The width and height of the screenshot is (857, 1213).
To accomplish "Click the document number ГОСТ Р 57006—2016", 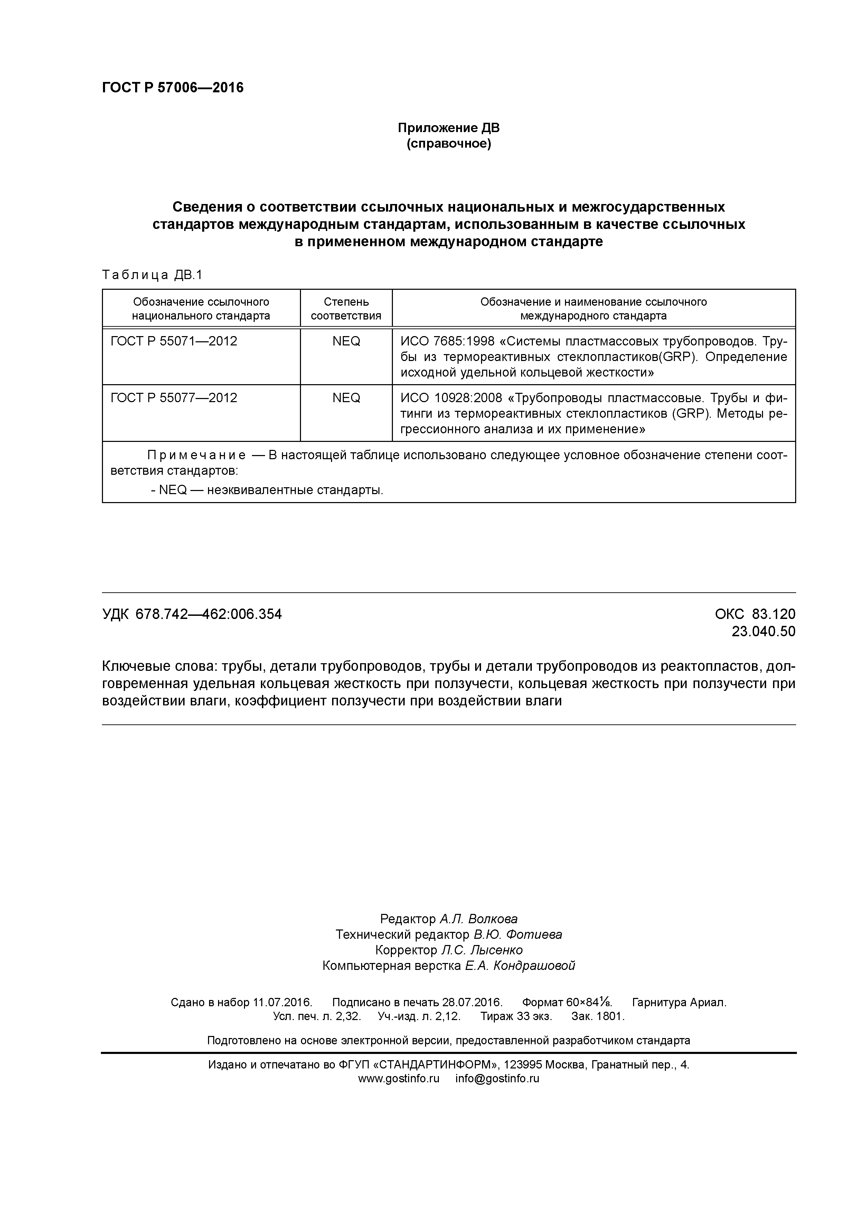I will (173, 88).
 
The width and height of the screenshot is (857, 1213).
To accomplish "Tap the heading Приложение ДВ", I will (448, 128).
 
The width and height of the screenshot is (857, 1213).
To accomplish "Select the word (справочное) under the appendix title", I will (448, 144).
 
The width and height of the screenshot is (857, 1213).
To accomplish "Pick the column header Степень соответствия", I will (346, 308).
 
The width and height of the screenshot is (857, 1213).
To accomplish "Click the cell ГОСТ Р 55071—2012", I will (174, 341).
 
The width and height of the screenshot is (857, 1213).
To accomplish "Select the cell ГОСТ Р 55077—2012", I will (174, 398).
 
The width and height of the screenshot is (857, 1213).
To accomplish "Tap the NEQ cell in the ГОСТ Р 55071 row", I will (346, 341).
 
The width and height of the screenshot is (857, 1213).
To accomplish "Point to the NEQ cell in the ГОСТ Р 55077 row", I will (346, 398).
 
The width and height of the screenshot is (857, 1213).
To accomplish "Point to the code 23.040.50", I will (763, 631).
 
